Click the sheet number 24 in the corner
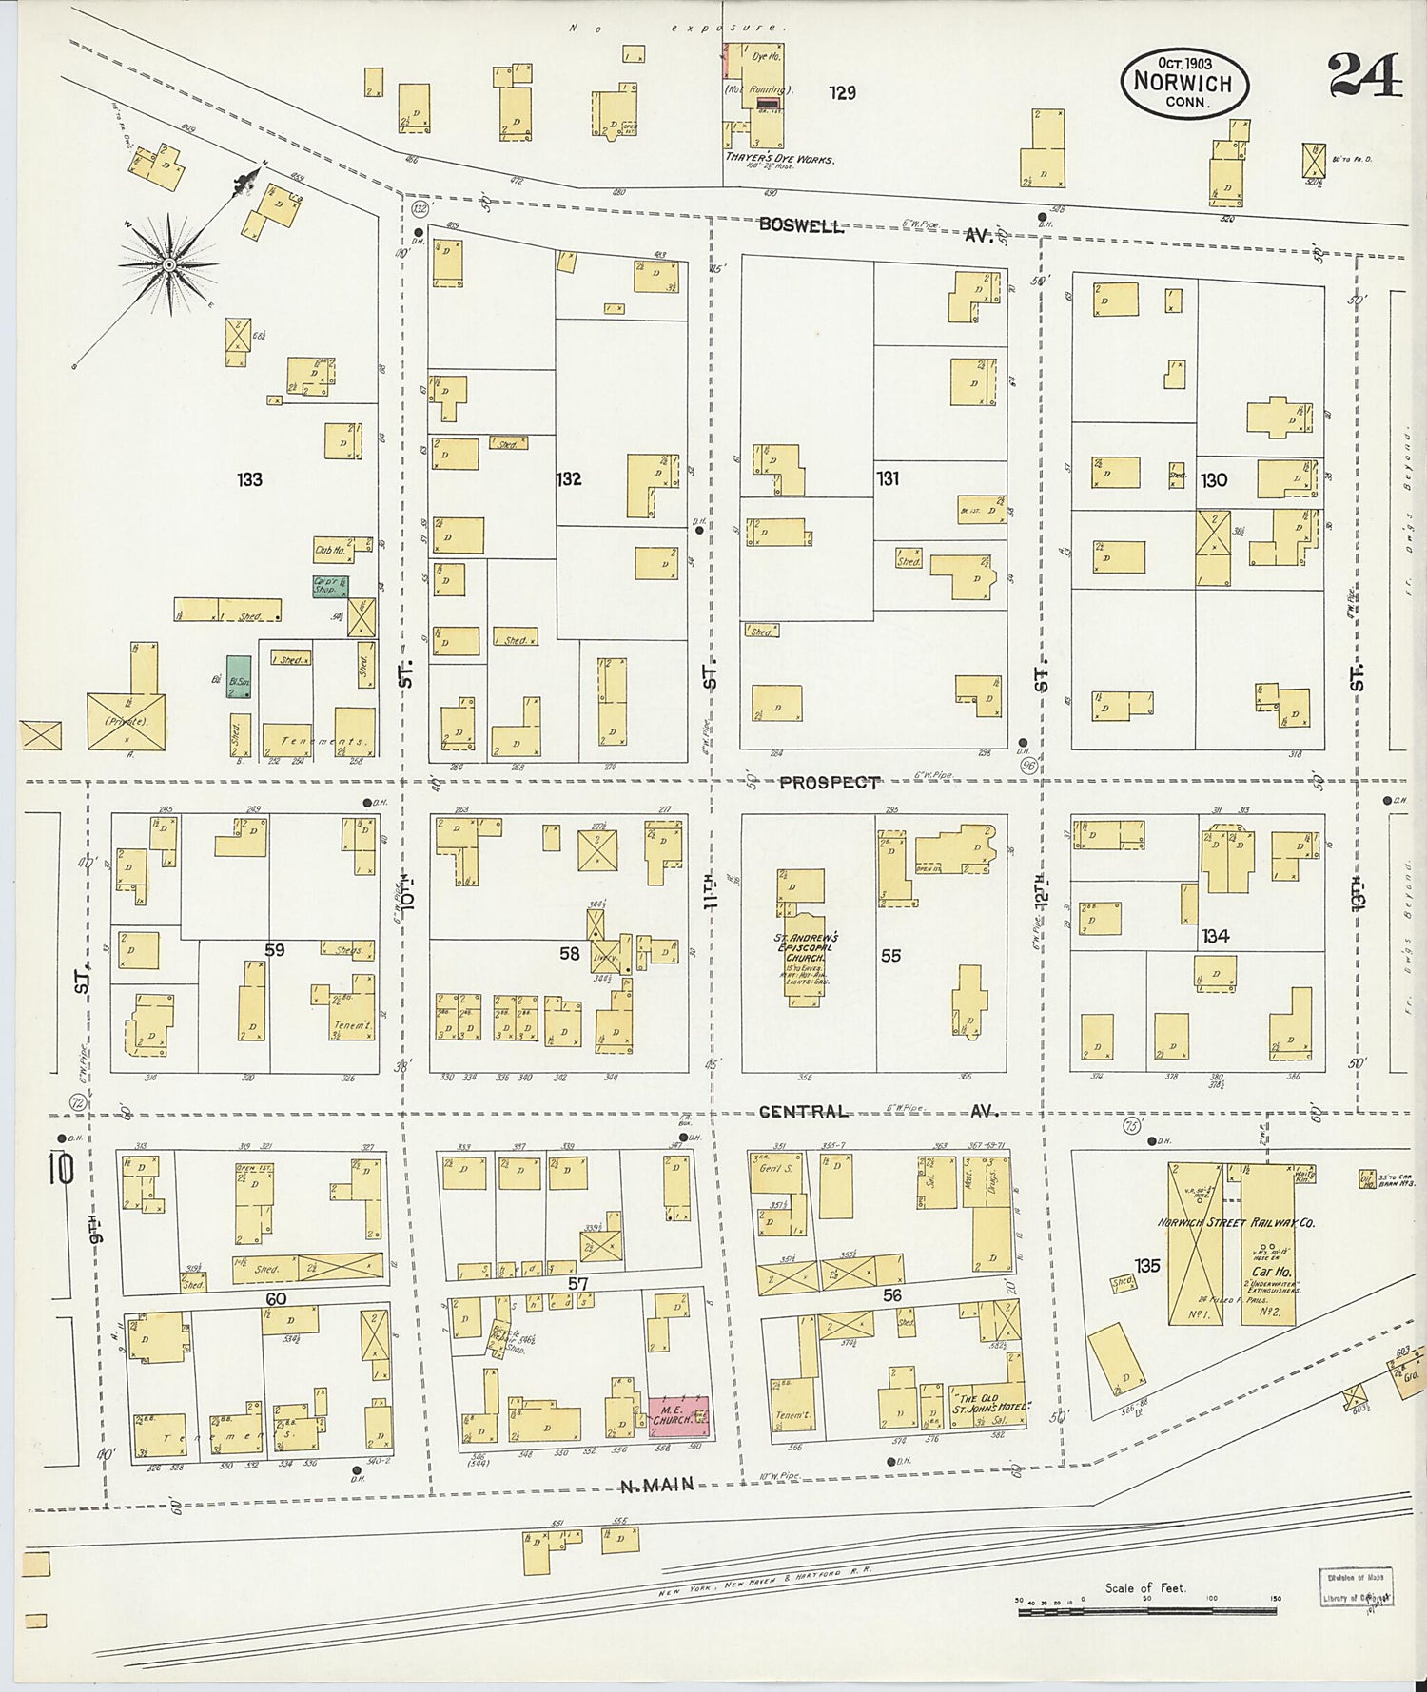tap(1364, 76)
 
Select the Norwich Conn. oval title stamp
tap(1183, 83)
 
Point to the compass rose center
tap(168, 264)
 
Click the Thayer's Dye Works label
tap(779, 159)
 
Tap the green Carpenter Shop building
tap(329, 586)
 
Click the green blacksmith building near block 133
tap(239, 676)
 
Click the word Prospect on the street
tap(829, 782)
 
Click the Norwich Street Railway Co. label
tap(1235, 1222)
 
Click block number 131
tap(888, 478)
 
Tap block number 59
tap(274, 949)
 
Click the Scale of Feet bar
tap(1149, 1611)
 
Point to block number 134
tap(1215, 936)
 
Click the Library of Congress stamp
tap(1355, 1587)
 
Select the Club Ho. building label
tap(329, 550)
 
